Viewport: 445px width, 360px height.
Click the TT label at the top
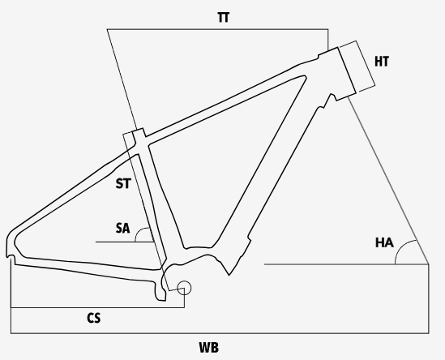pyautogui.click(x=224, y=17)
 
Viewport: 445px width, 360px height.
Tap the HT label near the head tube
pyautogui.click(x=382, y=62)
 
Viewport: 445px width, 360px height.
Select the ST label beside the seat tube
pyautogui.click(x=123, y=183)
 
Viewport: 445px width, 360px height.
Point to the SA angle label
pyautogui.click(x=123, y=228)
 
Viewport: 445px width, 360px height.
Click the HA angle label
pyautogui.click(x=384, y=242)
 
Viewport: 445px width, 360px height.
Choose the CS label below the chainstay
pyautogui.click(x=94, y=318)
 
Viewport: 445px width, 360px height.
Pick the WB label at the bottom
pyautogui.click(x=209, y=348)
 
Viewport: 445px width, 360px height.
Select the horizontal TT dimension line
pyautogui.click(x=218, y=29)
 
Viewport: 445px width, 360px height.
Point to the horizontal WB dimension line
pyautogui.click(x=220, y=333)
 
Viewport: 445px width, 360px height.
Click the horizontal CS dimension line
pyautogui.click(x=97, y=307)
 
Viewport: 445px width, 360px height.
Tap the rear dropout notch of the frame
pyautogui.click(x=11, y=257)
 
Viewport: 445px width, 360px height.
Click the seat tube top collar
pyautogui.click(x=139, y=133)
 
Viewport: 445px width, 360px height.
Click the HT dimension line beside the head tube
pyautogui.click(x=366, y=63)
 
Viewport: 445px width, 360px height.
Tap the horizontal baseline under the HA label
pyautogui.click(x=347, y=264)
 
